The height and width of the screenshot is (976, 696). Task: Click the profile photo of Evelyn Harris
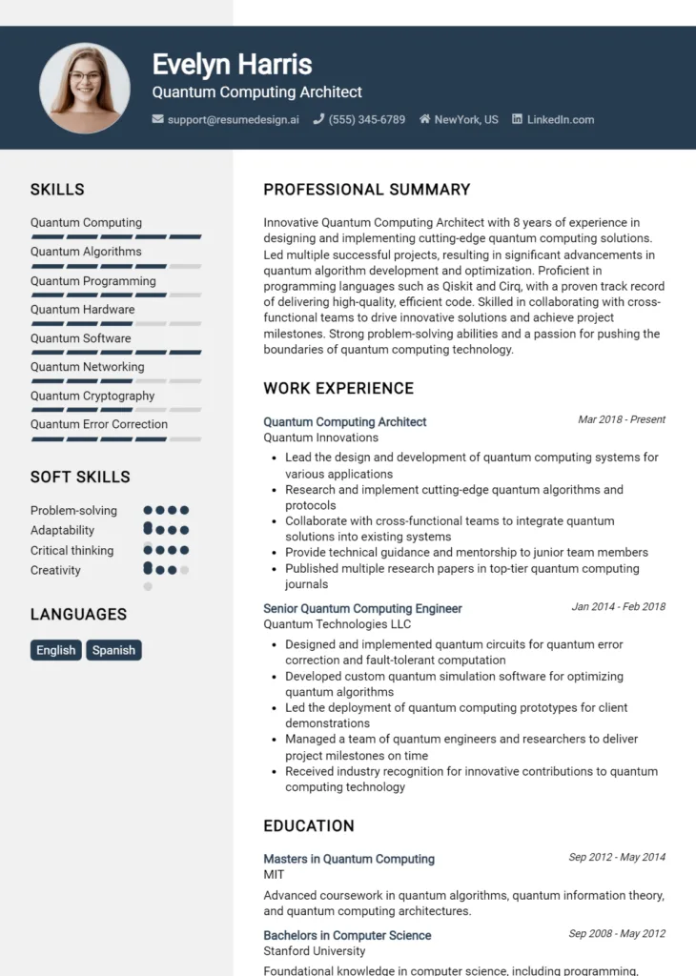click(x=85, y=88)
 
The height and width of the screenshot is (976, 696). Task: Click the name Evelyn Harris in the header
click(x=232, y=64)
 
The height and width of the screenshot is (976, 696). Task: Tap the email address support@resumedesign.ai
click(x=233, y=120)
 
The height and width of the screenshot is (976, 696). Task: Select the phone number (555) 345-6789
click(x=366, y=120)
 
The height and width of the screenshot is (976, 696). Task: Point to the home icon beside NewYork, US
click(x=424, y=120)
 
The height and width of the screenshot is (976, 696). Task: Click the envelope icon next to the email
click(x=157, y=120)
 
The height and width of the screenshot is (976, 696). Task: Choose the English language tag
click(x=55, y=650)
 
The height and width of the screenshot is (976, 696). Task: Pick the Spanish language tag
click(x=113, y=650)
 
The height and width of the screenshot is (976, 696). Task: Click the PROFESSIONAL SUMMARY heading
click(x=366, y=190)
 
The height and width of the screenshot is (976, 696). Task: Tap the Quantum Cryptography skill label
click(x=92, y=396)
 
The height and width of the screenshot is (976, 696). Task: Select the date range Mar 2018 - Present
click(x=621, y=419)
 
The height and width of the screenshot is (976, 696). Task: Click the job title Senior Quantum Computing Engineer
click(x=362, y=608)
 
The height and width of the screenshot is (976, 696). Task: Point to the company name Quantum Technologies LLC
click(x=337, y=624)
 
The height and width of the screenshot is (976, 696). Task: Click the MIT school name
click(x=274, y=874)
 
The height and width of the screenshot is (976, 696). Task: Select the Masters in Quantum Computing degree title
click(x=348, y=859)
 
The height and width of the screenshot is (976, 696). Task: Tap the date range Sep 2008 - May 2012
click(x=617, y=934)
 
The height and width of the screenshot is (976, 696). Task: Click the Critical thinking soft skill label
click(x=72, y=550)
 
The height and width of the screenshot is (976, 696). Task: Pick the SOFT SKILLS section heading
click(x=80, y=477)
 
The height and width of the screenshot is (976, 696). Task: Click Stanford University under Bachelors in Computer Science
click(x=314, y=950)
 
